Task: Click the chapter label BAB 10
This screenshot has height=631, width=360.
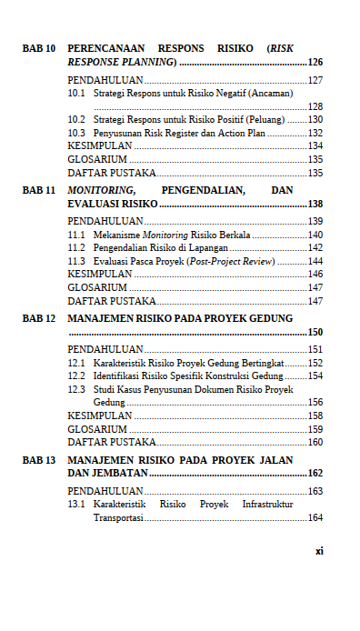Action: pyautogui.click(x=39, y=46)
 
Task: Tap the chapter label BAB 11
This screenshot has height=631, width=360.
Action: pyautogui.click(x=39, y=190)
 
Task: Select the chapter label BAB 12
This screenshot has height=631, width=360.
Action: pyautogui.click(x=39, y=319)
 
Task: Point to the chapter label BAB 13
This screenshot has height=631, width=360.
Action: pyautogui.click(x=39, y=460)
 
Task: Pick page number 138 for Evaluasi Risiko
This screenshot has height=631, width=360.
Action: pyautogui.click(x=315, y=204)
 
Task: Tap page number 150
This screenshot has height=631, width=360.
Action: pyautogui.click(x=315, y=333)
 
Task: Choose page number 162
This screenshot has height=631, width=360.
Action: pyautogui.click(x=315, y=474)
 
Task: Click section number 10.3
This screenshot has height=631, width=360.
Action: pyautogui.click(x=76, y=133)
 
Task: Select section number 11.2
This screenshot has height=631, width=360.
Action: pyautogui.click(x=76, y=247)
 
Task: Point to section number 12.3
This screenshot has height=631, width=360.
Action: pyautogui.click(x=76, y=389)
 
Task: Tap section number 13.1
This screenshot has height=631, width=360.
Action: pyautogui.click(x=76, y=505)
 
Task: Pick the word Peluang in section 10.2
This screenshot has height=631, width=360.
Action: pyautogui.click(x=282, y=119)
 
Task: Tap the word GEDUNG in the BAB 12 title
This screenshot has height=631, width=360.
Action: pyautogui.click(x=269, y=319)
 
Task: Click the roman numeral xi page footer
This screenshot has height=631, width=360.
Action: pyautogui.click(x=319, y=551)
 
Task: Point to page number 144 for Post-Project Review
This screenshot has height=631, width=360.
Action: pyautogui.click(x=315, y=261)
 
